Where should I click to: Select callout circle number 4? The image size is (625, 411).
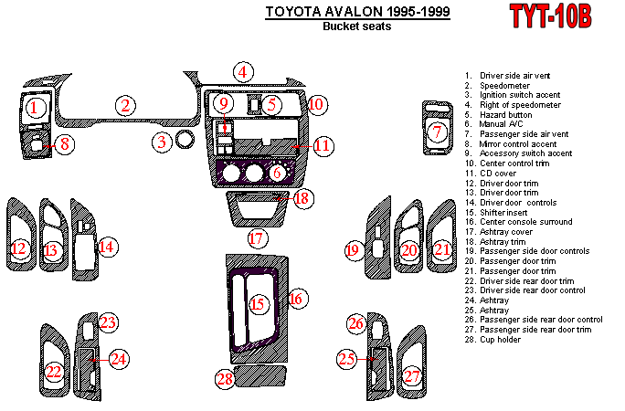[242, 72]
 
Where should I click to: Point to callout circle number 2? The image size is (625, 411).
[125, 106]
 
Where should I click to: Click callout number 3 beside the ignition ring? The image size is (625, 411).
[162, 142]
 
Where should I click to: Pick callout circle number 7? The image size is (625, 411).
[439, 132]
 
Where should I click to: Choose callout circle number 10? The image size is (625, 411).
[315, 105]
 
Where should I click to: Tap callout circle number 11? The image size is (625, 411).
[322, 145]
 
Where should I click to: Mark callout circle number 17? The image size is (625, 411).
[258, 239]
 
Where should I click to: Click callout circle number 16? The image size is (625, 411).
[295, 298]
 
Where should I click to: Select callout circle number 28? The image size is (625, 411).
[226, 378]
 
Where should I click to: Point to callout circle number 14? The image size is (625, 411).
[107, 247]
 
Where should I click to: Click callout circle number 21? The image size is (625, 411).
[442, 249]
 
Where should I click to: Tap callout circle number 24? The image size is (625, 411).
[118, 359]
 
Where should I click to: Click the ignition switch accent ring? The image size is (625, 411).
[185, 140]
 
